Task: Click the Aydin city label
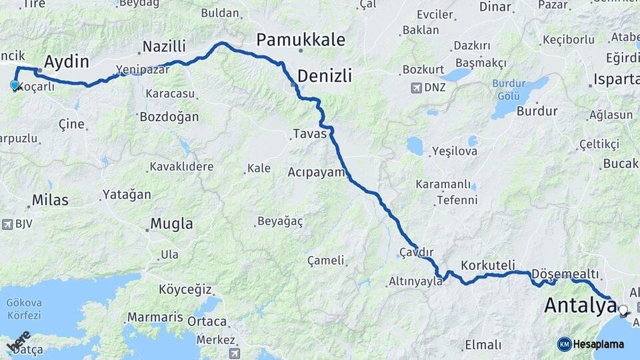point(66,62)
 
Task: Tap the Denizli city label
point(324,75)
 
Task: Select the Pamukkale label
point(301,39)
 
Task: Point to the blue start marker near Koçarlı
point(15,85)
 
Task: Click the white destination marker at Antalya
point(623,309)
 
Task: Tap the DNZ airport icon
point(417,88)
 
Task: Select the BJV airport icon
point(8,224)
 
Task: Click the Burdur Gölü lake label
point(509,89)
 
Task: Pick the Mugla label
point(171,224)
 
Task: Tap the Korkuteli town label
point(488,265)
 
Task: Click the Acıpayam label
point(316,172)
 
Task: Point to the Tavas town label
point(309,134)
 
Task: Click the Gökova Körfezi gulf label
point(23,308)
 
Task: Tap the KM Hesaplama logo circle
point(565,344)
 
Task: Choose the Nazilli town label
point(164,47)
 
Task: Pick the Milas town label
point(51,200)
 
